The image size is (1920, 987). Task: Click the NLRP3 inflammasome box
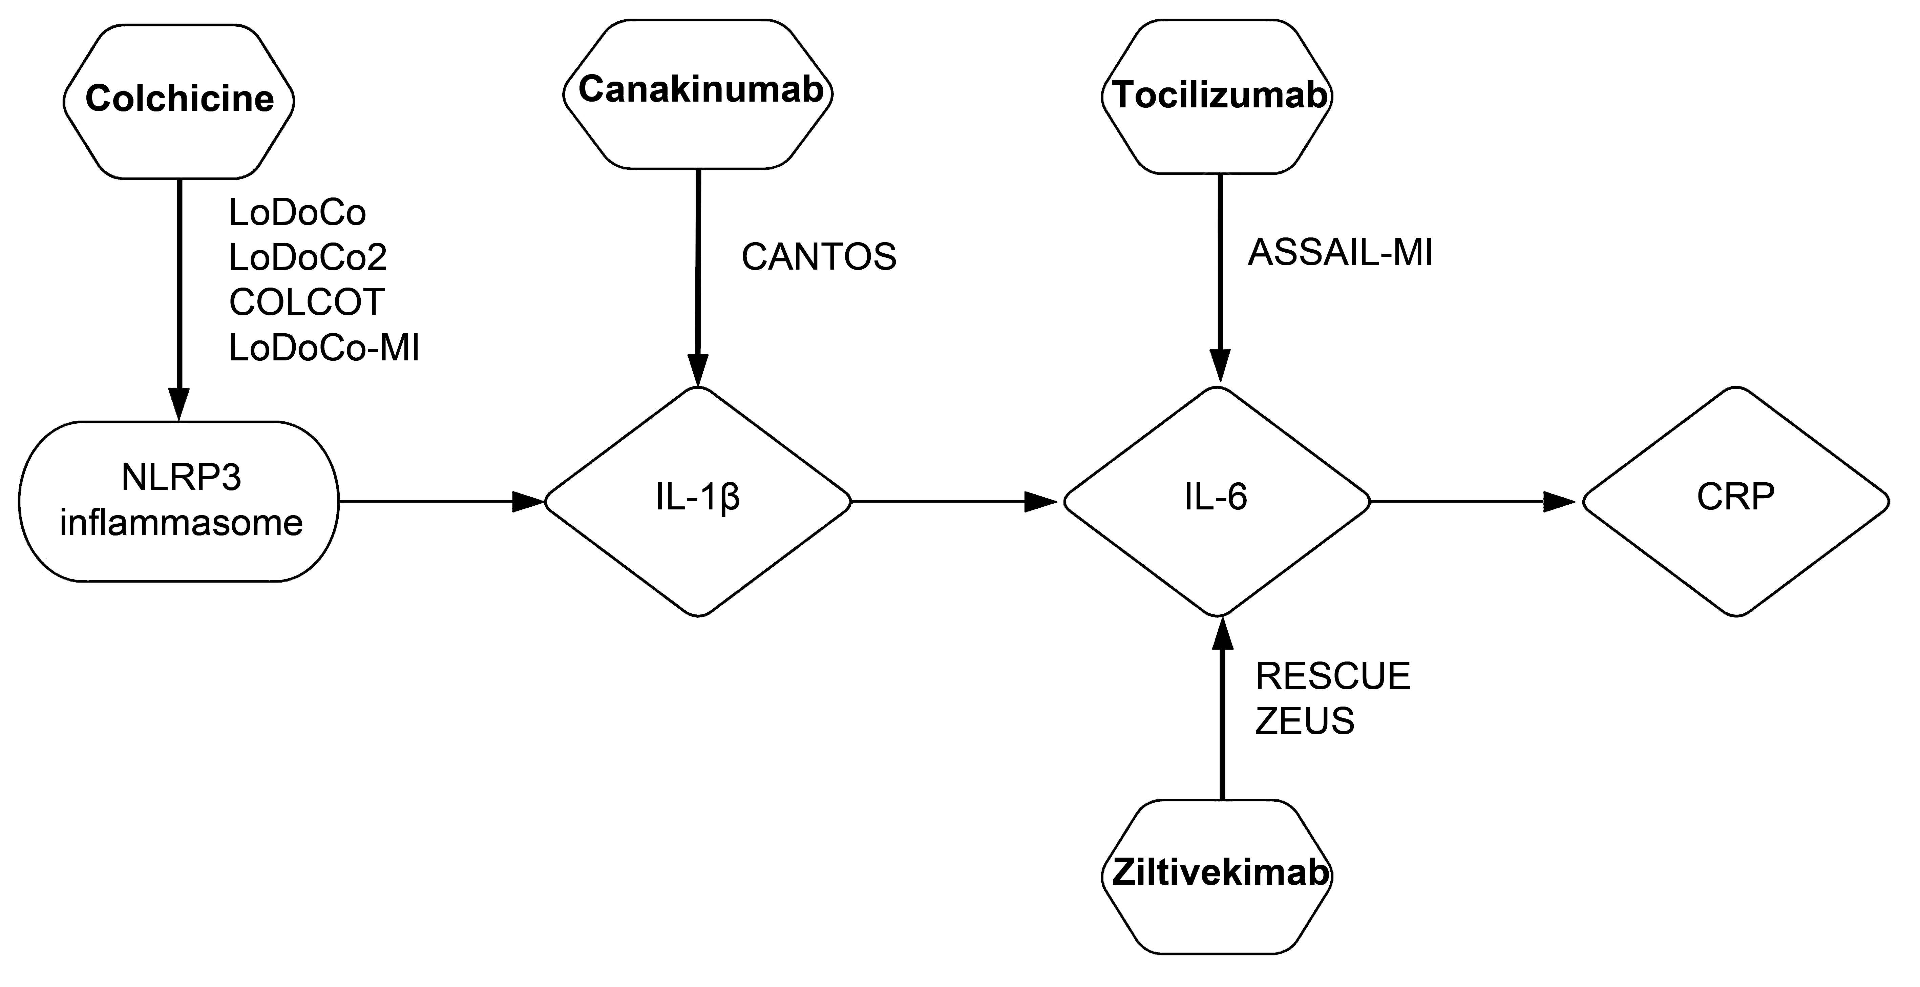pos(179,501)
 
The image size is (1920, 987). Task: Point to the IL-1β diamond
pos(698,501)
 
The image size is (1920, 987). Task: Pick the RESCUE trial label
pos(1333,676)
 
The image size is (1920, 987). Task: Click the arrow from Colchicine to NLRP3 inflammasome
pos(179,298)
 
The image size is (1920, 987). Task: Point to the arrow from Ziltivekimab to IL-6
pos(1221,708)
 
